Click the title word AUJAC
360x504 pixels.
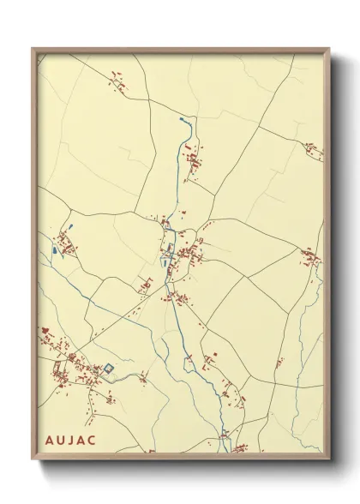point(72,440)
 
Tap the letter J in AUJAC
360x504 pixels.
point(72,440)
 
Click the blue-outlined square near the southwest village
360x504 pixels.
point(108,369)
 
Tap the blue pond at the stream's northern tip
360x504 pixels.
point(182,121)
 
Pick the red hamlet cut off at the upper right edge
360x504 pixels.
point(315,155)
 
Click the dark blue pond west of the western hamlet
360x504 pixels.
point(54,251)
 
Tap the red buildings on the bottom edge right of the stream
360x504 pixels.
point(241,447)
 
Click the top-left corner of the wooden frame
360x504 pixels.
point(33,49)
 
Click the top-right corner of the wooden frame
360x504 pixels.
point(329,49)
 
